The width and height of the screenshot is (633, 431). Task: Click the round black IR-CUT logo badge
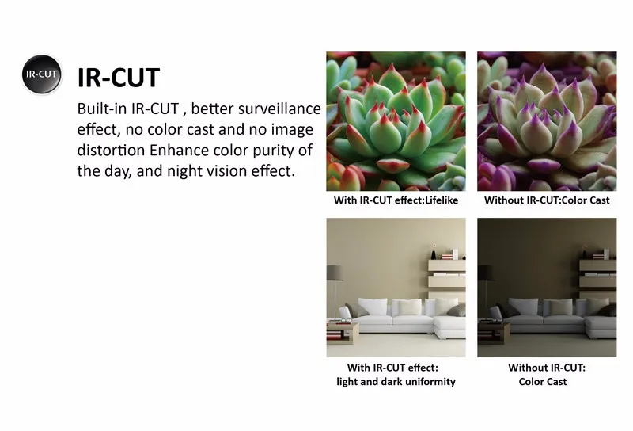(x=42, y=74)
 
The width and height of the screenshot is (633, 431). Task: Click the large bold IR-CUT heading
(x=119, y=78)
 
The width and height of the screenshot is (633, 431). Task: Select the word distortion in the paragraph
(x=111, y=150)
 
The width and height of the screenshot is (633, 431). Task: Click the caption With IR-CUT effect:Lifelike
(x=396, y=200)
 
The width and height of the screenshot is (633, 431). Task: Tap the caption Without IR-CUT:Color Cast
(x=547, y=200)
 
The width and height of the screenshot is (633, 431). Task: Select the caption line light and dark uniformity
(x=396, y=382)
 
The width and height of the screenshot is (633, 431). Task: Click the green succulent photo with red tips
(x=396, y=121)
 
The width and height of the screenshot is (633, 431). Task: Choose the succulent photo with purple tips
(x=547, y=121)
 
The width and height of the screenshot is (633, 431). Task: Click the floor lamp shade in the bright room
(x=334, y=273)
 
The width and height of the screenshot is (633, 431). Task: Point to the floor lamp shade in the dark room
(x=485, y=273)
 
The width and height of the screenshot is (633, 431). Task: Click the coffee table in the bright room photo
(x=342, y=331)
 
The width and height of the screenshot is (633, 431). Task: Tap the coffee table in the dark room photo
(x=492, y=331)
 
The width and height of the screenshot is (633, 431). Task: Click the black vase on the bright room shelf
(x=434, y=255)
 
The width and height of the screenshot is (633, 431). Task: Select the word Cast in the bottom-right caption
(x=557, y=382)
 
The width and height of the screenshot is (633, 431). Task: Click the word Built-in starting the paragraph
(x=102, y=109)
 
